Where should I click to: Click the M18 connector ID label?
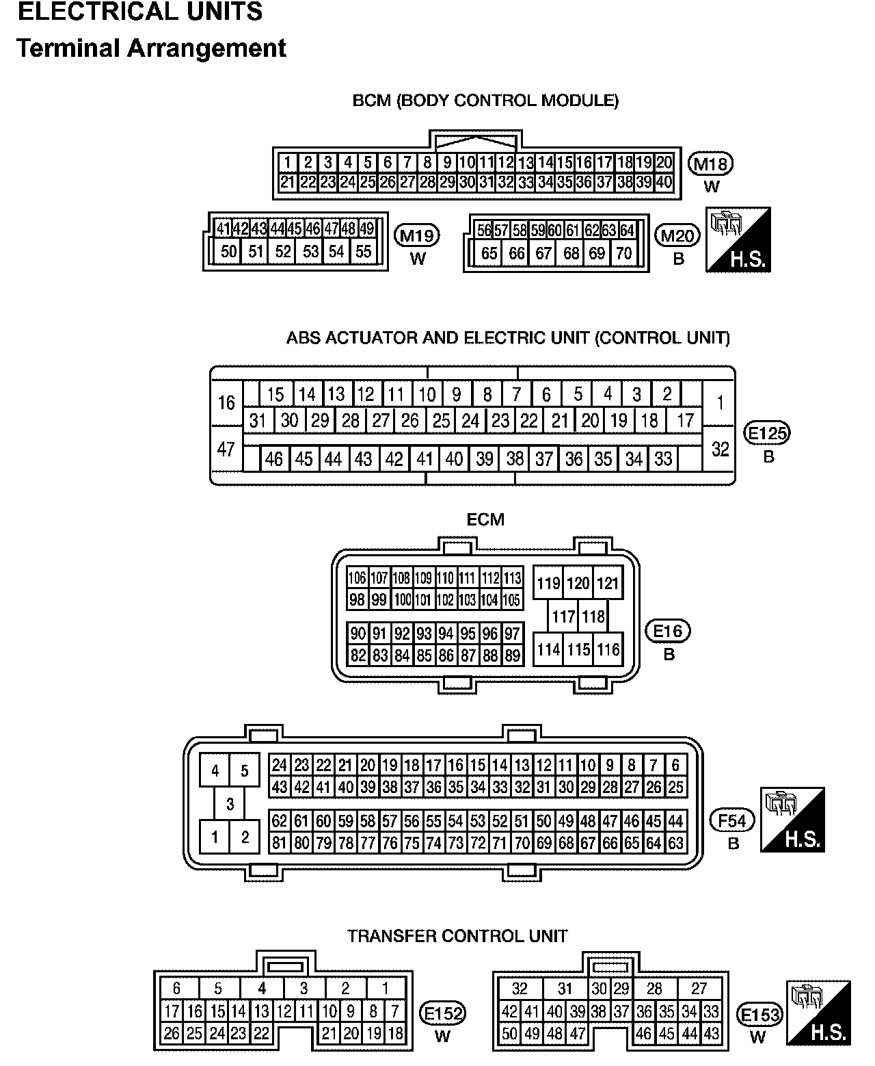click(x=711, y=164)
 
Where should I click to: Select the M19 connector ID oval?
click(x=417, y=236)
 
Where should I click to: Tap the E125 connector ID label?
click(x=768, y=433)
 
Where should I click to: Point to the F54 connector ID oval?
click(x=733, y=820)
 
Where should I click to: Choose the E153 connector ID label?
click(x=760, y=1014)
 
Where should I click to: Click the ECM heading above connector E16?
click(x=485, y=520)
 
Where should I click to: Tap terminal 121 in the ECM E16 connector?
click(x=608, y=584)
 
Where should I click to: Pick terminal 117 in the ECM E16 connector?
click(x=563, y=617)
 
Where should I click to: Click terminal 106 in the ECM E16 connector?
click(x=357, y=578)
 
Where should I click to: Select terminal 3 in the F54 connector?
click(x=230, y=804)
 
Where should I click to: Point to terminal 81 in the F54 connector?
click(x=279, y=843)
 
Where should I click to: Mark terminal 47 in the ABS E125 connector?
click(x=226, y=449)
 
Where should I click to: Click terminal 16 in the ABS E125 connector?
click(x=226, y=403)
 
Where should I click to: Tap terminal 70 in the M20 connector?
click(x=623, y=254)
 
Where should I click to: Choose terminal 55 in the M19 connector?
click(x=364, y=252)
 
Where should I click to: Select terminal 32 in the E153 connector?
click(x=520, y=989)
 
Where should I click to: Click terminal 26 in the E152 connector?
click(x=172, y=1033)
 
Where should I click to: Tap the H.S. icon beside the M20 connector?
click(x=738, y=239)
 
